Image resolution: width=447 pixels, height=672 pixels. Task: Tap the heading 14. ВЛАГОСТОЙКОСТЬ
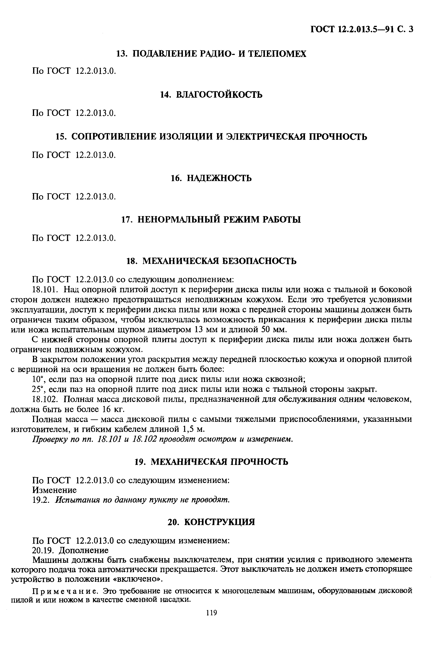click(x=211, y=95)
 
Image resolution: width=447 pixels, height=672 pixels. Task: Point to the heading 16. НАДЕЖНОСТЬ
click(x=211, y=178)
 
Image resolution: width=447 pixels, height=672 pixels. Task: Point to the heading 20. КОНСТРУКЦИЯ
click(x=211, y=522)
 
